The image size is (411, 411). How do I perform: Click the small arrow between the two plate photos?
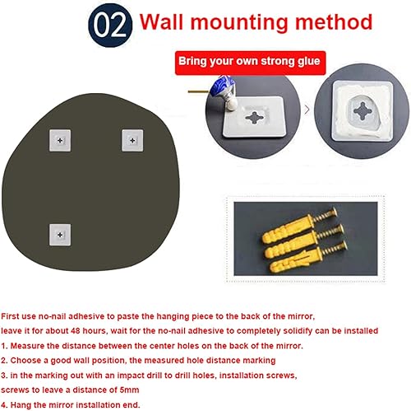coord(307,109)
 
